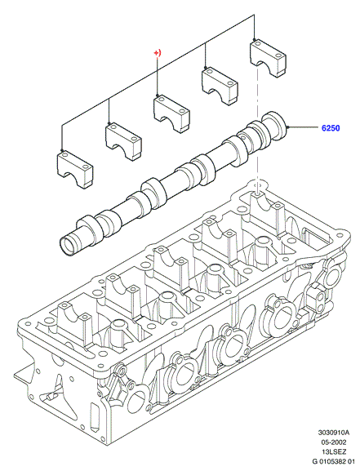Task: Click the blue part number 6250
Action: point(331,128)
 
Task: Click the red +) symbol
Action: point(158,53)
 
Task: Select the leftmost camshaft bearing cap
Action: point(75,169)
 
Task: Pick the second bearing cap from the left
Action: point(123,141)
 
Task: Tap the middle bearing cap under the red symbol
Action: point(171,113)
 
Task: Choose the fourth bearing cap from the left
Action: point(220,86)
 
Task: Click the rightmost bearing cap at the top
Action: point(268,58)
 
